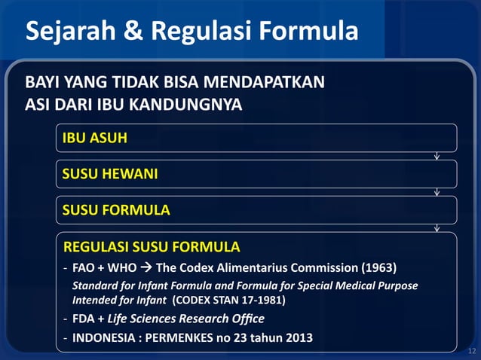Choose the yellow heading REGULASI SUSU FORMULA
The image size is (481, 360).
(152, 247)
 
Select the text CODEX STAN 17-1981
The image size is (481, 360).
(230, 300)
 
